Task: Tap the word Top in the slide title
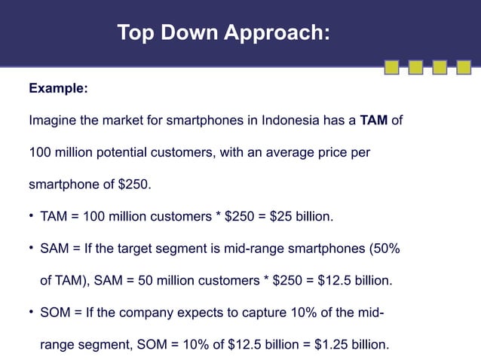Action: coord(135,33)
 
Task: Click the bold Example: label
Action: coord(58,89)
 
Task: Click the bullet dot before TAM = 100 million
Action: coord(31,218)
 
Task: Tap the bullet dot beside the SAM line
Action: coord(31,249)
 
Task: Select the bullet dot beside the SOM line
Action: coord(31,313)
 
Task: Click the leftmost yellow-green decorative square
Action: coord(391,69)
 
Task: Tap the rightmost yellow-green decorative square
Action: coord(462,69)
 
